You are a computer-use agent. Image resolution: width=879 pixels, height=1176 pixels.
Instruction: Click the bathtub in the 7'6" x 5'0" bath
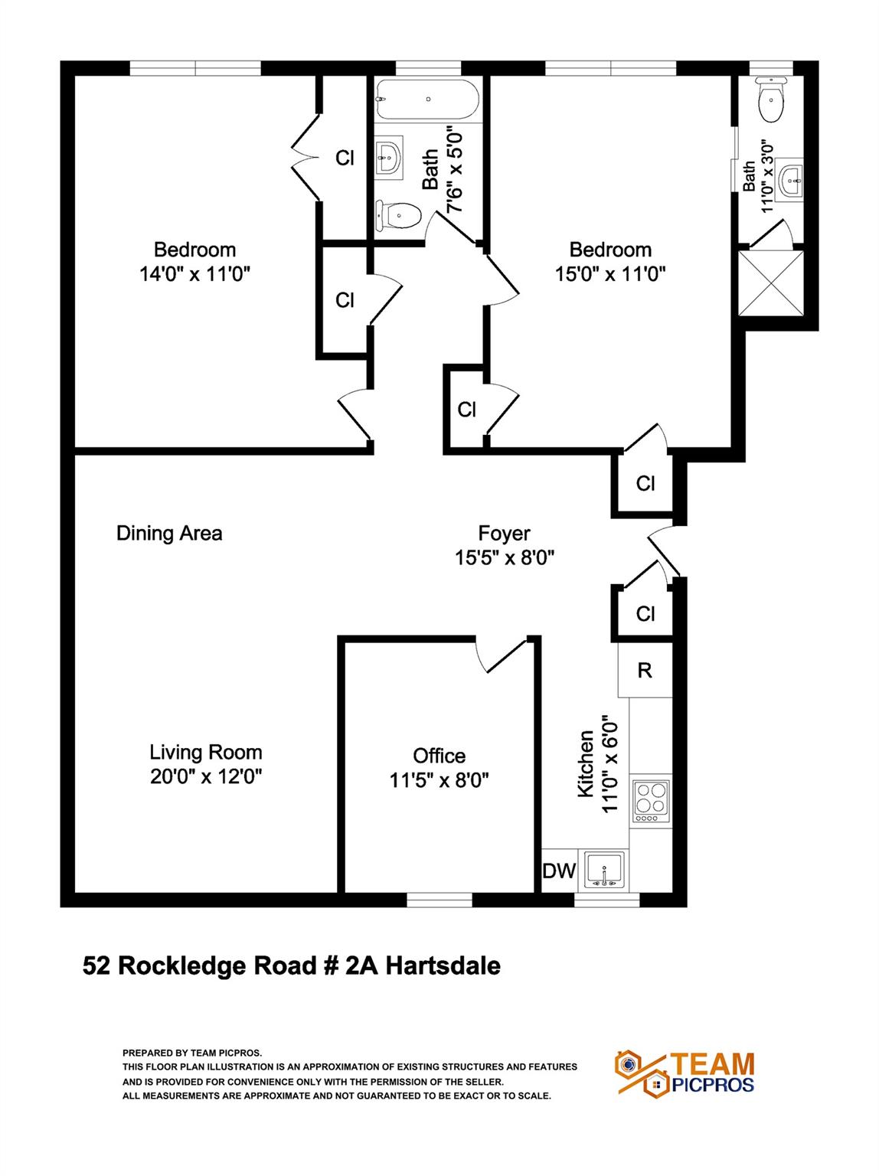pyautogui.click(x=427, y=100)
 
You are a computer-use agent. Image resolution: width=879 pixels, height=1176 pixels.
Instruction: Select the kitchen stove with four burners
pyautogui.click(x=649, y=801)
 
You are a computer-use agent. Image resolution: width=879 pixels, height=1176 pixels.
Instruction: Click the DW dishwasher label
pyautogui.click(x=559, y=871)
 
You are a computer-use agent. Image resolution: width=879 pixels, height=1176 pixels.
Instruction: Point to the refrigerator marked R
pyautogui.click(x=645, y=671)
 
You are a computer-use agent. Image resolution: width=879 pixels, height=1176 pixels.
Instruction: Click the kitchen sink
pyautogui.click(x=604, y=871)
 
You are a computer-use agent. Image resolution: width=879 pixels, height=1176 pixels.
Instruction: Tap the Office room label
pyautogui.click(x=439, y=756)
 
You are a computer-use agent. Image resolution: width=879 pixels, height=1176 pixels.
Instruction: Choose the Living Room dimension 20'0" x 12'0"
pyautogui.click(x=206, y=776)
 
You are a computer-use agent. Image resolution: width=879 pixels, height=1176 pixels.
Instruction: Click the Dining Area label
pyautogui.click(x=169, y=533)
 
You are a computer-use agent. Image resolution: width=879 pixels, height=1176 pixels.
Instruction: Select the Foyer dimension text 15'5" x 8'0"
pyautogui.click(x=505, y=557)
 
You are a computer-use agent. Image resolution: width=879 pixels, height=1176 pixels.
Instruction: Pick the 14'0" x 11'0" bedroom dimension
pyautogui.click(x=194, y=273)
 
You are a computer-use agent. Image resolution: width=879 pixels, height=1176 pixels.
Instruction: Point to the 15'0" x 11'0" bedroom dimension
pyautogui.click(x=610, y=273)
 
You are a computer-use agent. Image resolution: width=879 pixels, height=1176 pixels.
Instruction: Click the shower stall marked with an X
pyautogui.click(x=770, y=283)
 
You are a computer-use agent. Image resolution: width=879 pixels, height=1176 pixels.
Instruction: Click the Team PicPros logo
pyautogui.click(x=685, y=1073)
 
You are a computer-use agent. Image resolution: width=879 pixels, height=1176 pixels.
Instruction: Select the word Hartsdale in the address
pyautogui.click(x=443, y=965)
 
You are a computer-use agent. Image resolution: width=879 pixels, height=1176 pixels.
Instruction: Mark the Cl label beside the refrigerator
pyautogui.click(x=645, y=613)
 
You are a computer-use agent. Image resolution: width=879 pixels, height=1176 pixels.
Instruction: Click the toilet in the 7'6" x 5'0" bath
pyautogui.click(x=399, y=215)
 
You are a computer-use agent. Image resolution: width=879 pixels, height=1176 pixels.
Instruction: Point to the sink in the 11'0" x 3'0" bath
pyautogui.click(x=789, y=181)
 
